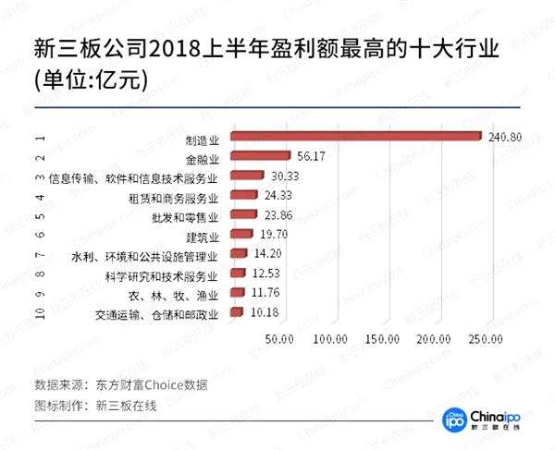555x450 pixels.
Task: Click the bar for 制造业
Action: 355,137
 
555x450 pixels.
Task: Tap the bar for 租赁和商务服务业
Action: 243,195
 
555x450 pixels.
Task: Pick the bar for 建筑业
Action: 240,234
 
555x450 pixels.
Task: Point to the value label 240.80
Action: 505,137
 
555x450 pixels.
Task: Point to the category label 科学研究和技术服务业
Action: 161,275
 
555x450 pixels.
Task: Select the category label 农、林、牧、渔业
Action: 173,295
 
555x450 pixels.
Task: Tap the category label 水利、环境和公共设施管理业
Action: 144,256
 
